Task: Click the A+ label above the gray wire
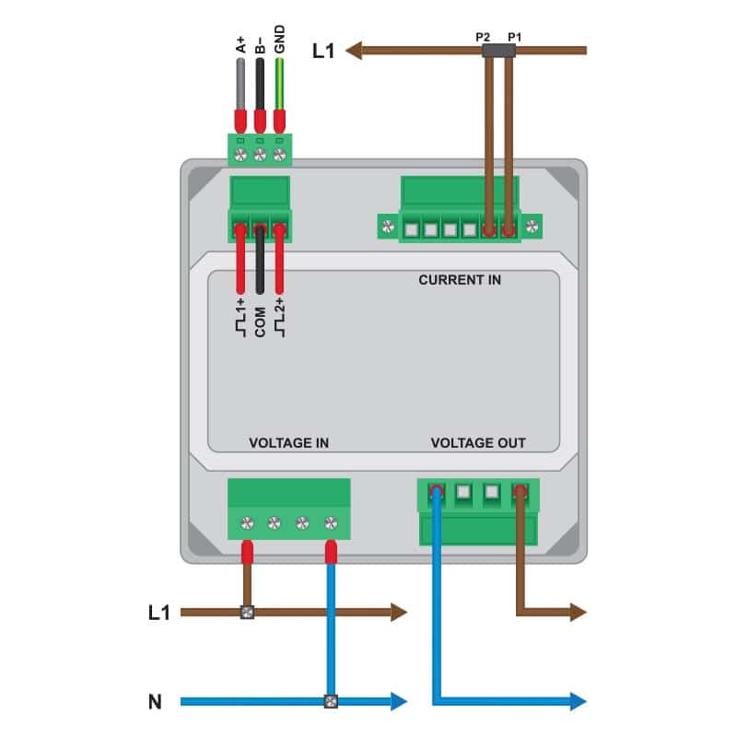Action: pyautogui.click(x=240, y=44)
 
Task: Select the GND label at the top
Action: pyautogui.click(x=280, y=39)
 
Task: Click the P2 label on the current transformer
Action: pyautogui.click(x=483, y=37)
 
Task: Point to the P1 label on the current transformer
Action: pyautogui.click(x=514, y=37)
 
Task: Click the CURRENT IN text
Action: pyautogui.click(x=460, y=280)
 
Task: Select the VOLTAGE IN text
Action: pyautogui.click(x=288, y=443)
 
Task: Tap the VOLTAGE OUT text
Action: pyautogui.click(x=478, y=443)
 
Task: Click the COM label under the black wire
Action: pyautogui.click(x=260, y=322)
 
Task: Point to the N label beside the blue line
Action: pyautogui.click(x=155, y=702)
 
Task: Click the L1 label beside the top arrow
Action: pyautogui.click(x=323, y=51)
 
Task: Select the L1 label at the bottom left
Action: pyautogui.click(x=158, y=613)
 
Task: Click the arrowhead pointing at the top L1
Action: pyautogui.click(x=354, y=51)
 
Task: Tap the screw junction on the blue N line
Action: pyautogui.click(x=331, y=702)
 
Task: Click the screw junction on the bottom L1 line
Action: pyautogui.click(x=247, y=612)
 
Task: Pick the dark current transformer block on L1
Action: pyautogui.click(x=498, y=51)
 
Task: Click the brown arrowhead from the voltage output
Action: pyautogui.click(x=579, y=612)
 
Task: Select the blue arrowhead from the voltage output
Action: pyautogui.click(x=579, y=701)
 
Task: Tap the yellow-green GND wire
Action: pyautogui.click(x=279, y=85)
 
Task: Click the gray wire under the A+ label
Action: pyautogui.click(x=240, y=85)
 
